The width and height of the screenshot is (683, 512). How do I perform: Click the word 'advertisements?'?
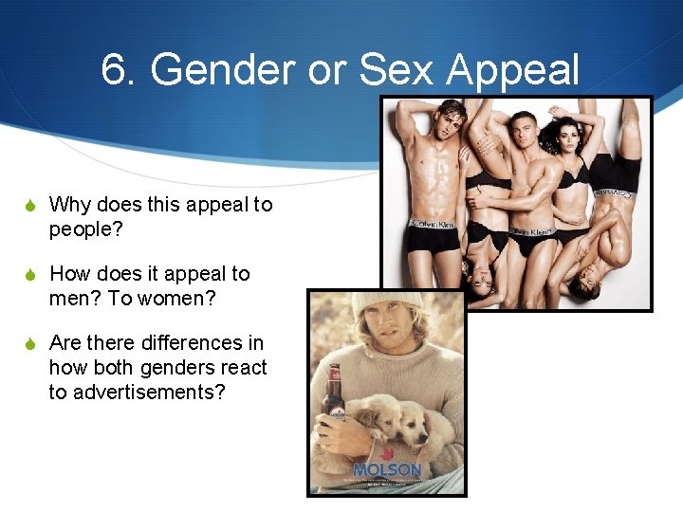[x=137, y=392]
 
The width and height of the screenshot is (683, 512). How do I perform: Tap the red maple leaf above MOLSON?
[x=387, y=456]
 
